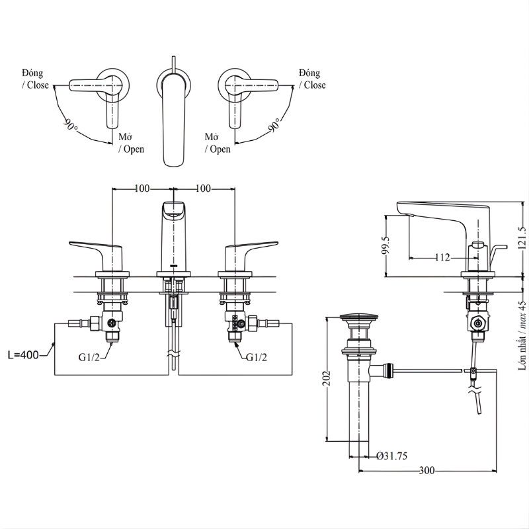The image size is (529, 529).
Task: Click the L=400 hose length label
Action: pos(23,354)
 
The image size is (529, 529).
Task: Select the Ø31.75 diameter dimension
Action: pos(392,456)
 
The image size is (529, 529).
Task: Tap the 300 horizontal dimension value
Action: pos(427,470)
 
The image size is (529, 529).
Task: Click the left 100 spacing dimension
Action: pos(142,188)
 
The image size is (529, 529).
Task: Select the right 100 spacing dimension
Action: pos(203,188)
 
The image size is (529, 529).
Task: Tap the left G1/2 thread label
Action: pos(89,357)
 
